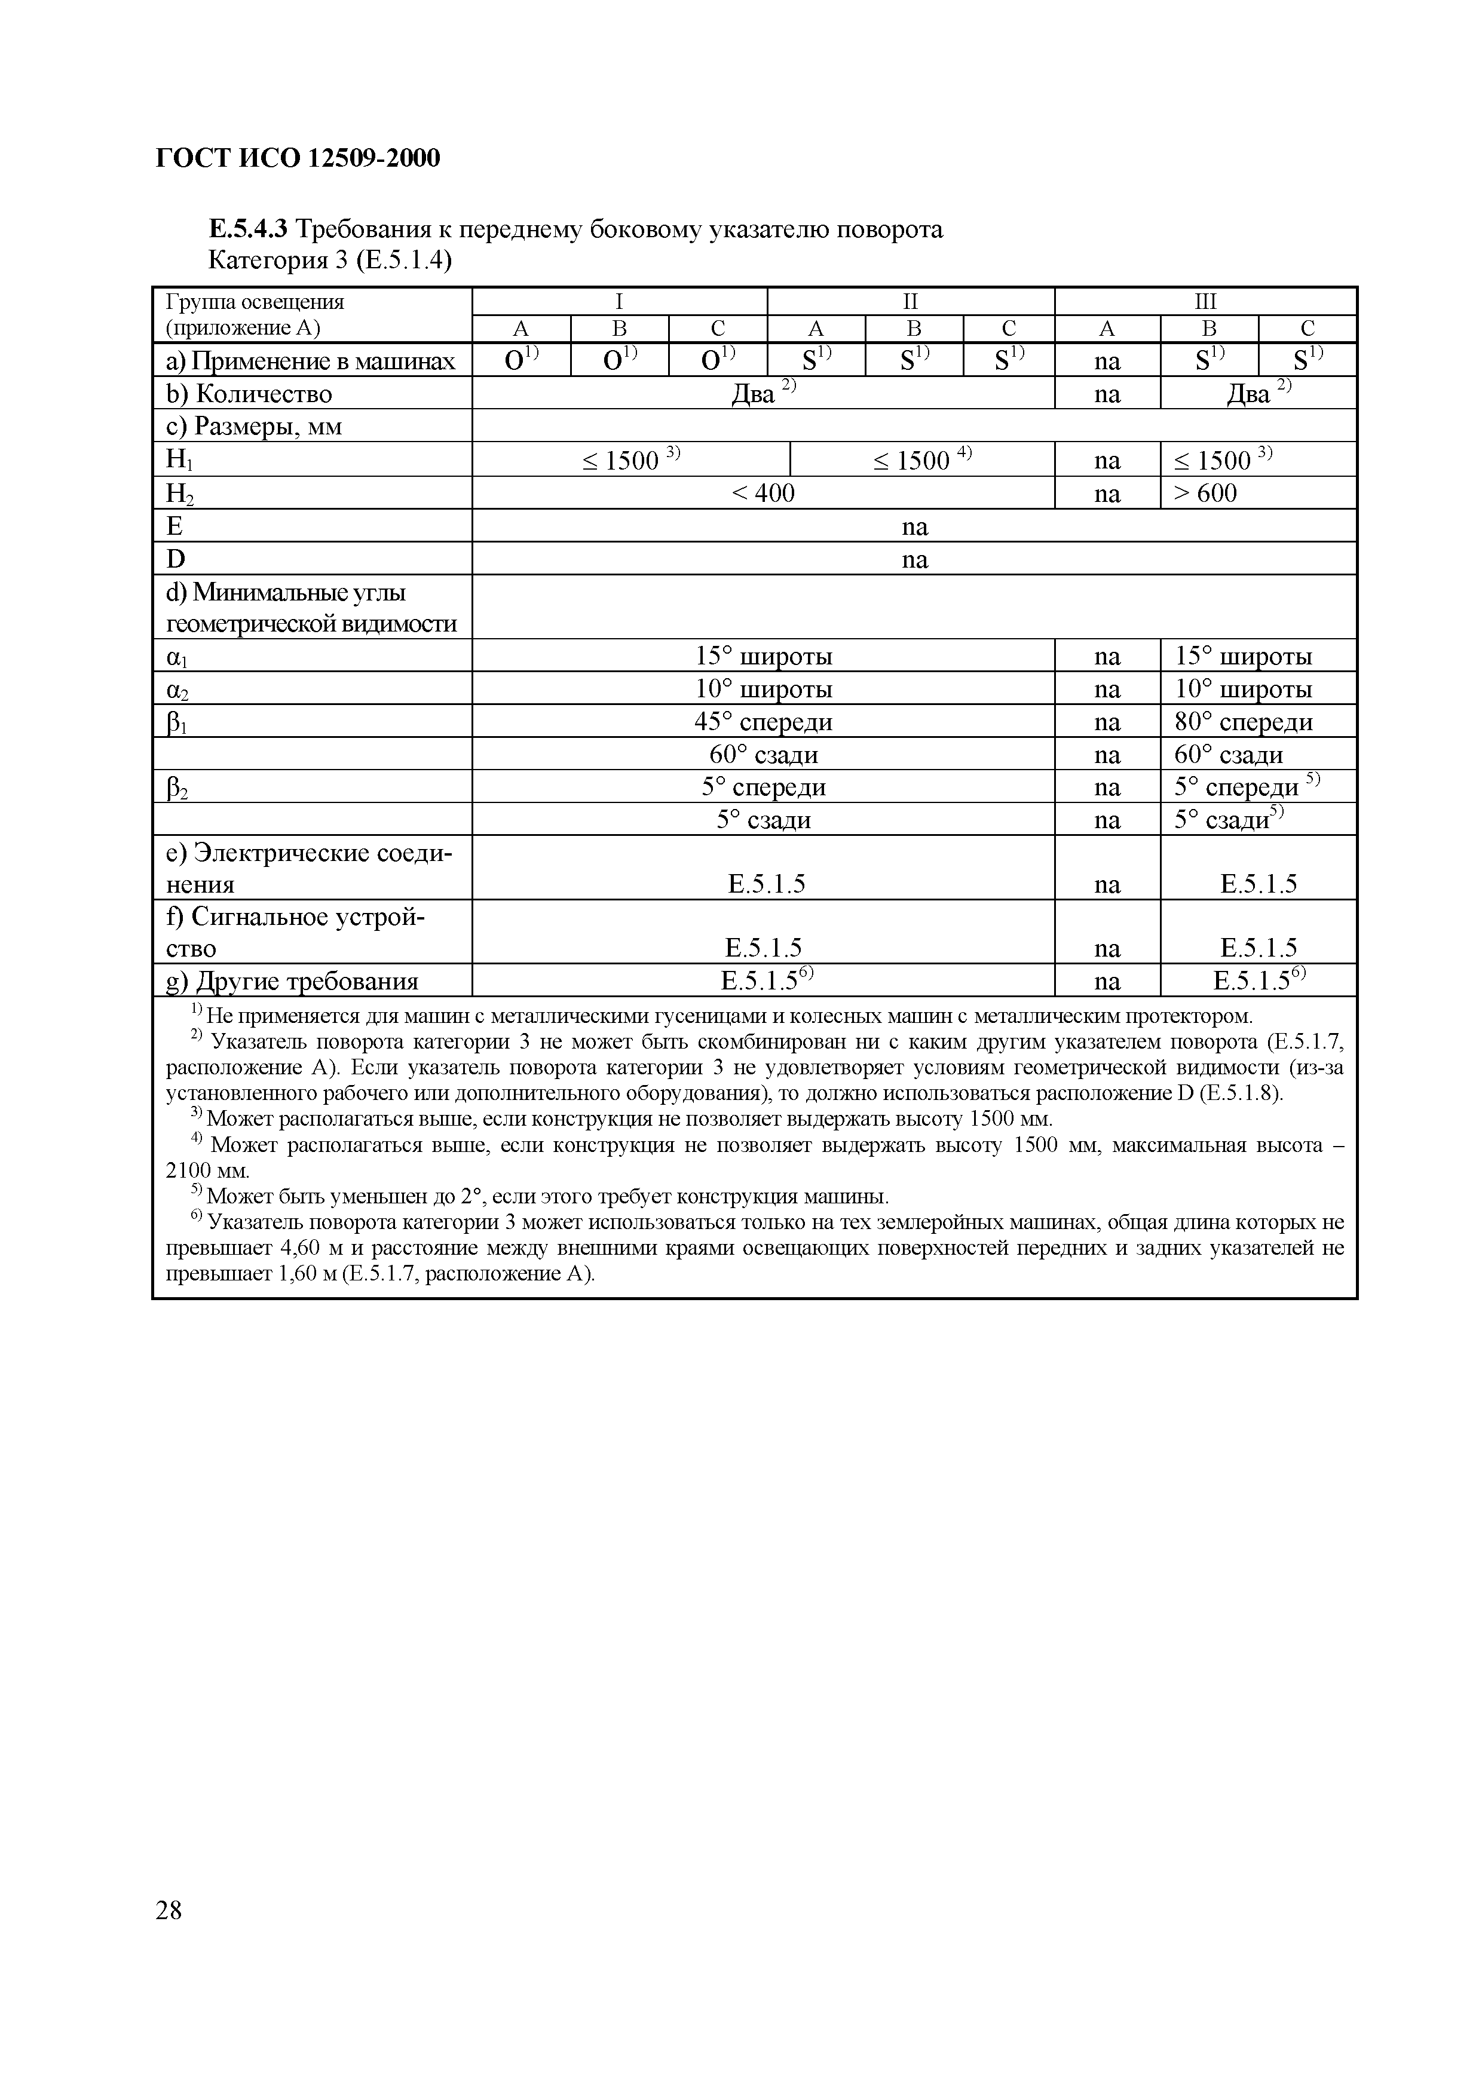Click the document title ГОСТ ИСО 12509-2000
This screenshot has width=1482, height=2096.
(x=298, y=159)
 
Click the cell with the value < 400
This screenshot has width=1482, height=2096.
(x=763, y=493)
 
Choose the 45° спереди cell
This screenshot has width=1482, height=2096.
(x=763, y=722)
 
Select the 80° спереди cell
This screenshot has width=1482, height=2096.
(x=1244, y=722)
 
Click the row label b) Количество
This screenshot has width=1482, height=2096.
(x=249, y=394)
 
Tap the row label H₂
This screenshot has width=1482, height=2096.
(x=180, y=494)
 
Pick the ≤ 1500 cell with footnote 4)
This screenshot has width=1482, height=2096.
(x=922, y=460)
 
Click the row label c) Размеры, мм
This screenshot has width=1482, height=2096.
(x=254, y=427)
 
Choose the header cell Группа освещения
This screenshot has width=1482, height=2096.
(x=255, y=301)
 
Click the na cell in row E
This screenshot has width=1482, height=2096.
(x=914, y=527)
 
